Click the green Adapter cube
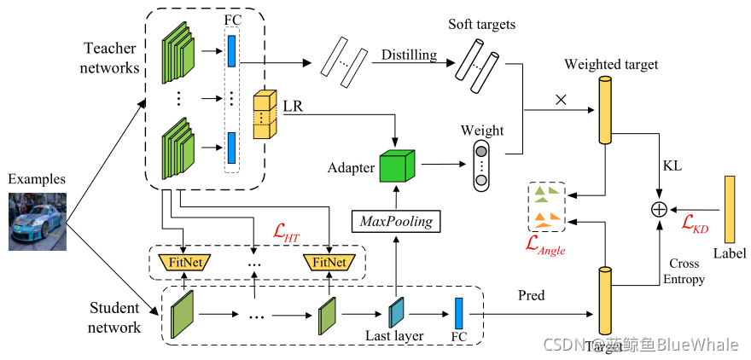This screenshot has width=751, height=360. pos(396,165)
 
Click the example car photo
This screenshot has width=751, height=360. pos(37,221)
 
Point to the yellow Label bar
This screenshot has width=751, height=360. pos(730,208)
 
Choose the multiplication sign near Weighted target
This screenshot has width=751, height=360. pos(561,99)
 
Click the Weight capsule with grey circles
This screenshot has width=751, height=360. pos(481,165)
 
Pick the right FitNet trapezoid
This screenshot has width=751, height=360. pos(329,262)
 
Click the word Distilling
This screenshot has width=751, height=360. pos(409,55)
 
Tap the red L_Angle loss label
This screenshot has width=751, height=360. pos(546,247)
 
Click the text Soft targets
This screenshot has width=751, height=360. pos(481,25)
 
